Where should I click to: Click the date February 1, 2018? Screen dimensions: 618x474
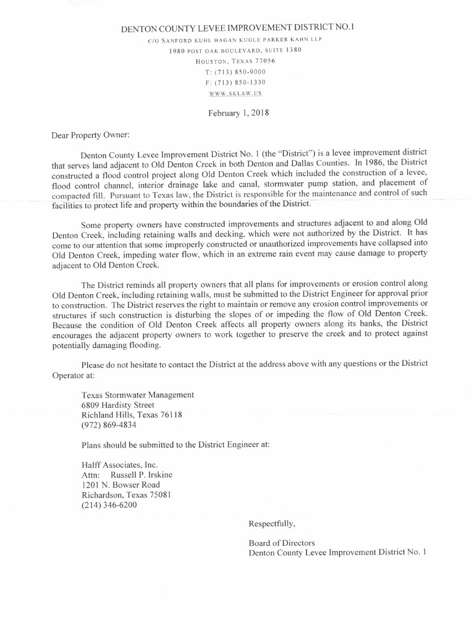[238, 113]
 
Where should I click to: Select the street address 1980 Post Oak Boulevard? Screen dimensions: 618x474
[237, 50]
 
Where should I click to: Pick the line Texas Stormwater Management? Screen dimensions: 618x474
[138, 395]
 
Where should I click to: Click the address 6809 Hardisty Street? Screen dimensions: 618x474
[118, 405]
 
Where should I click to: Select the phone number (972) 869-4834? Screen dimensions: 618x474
[109, 426]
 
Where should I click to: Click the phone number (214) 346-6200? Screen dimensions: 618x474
[109, 506]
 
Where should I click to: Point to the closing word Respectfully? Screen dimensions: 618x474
[272, 524]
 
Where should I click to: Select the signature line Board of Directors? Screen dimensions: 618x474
[281, 543]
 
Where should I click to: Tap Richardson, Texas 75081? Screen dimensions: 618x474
[126, 495]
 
